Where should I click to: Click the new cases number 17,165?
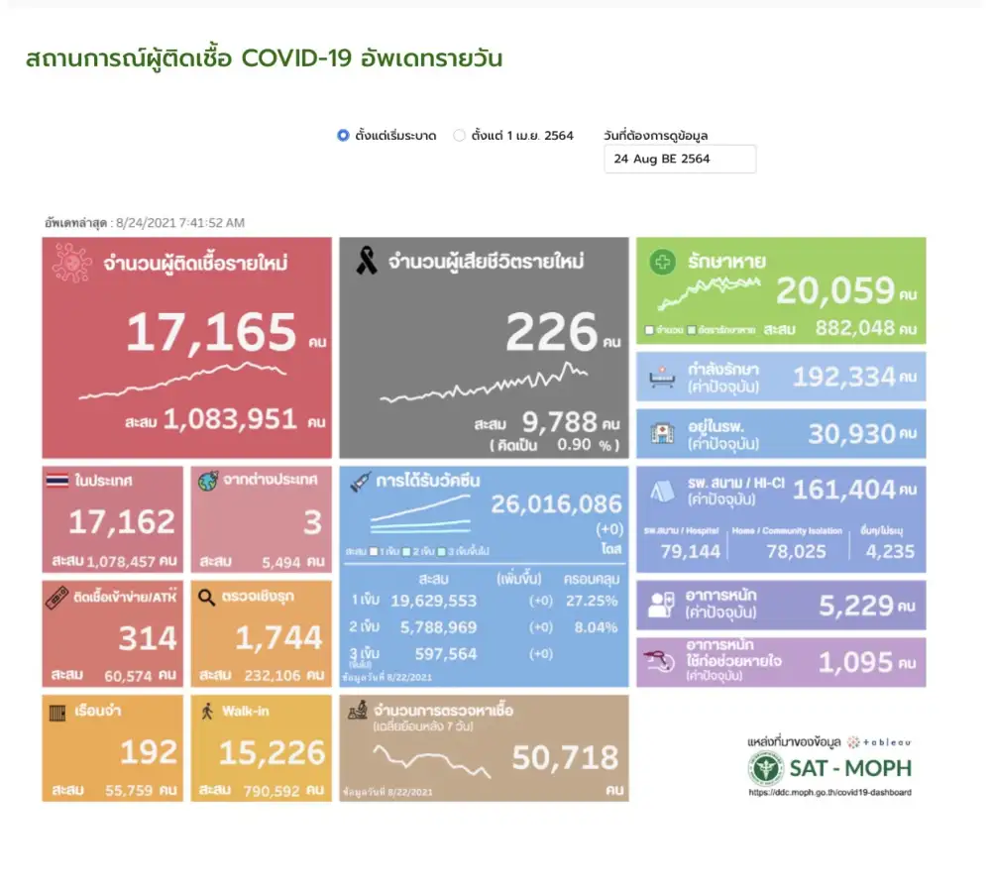click(210, 333)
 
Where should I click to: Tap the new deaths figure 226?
click(552, 333)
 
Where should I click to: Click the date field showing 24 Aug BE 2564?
click(679, 159)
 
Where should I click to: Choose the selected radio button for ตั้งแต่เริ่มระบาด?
click(343, 136)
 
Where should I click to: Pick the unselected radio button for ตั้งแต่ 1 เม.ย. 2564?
click(459, 136)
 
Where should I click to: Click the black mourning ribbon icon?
click(366, 263)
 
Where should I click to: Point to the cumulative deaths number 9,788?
click(559, 424)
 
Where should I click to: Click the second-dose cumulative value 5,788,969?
click(433, 627)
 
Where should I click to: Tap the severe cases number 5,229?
click(855, 605)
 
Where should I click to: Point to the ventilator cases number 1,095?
click(855, 662)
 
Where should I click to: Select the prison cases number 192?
click(149, 752)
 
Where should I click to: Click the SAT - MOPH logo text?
click(849, 768)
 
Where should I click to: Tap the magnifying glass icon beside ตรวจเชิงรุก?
click(207, 597)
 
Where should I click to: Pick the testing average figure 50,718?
click(565, 759)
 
